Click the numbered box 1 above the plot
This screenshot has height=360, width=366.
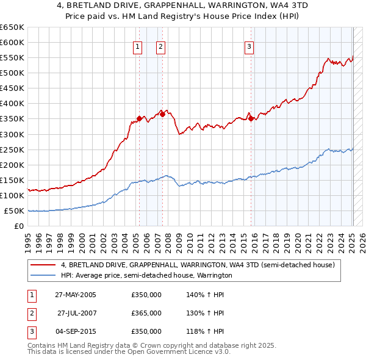click(137, 47)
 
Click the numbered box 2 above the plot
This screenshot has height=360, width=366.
click(160, 47)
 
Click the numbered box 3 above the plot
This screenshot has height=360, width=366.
click(249, 47)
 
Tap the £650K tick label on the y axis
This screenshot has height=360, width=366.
click(12, 27)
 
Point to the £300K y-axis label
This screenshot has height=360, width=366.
click(12, 134)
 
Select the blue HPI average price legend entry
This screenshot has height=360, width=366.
click(146, 276)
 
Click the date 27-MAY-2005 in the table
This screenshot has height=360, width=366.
click(76, 295)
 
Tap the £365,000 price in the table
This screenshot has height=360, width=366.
click(146, 313)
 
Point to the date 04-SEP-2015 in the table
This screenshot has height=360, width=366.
click(76, 331)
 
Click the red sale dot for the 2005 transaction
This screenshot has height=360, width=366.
click(139, 118)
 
